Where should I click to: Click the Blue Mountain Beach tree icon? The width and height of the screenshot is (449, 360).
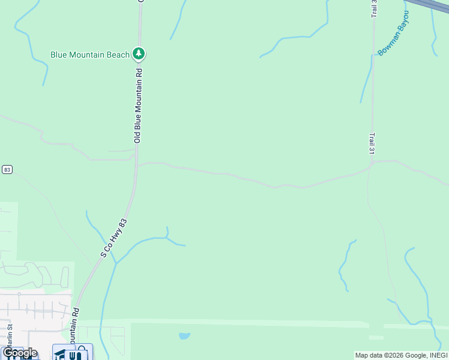point(139,55)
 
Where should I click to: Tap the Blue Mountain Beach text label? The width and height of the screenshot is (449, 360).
point(90,55)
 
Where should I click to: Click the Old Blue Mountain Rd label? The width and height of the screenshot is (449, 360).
point(138,105)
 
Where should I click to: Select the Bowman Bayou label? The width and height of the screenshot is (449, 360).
point(394,33)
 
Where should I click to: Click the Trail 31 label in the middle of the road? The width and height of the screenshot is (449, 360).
point(372,144)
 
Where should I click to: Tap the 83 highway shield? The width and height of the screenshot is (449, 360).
point(7,170)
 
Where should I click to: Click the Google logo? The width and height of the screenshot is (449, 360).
point(19,353)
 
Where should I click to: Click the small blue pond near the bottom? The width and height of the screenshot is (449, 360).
point(184,336)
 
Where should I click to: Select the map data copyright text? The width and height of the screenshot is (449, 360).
point(400,355)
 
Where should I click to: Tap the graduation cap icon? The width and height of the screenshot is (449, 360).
point(61,355)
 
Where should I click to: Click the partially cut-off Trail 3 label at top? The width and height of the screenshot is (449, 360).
point(374,8)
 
